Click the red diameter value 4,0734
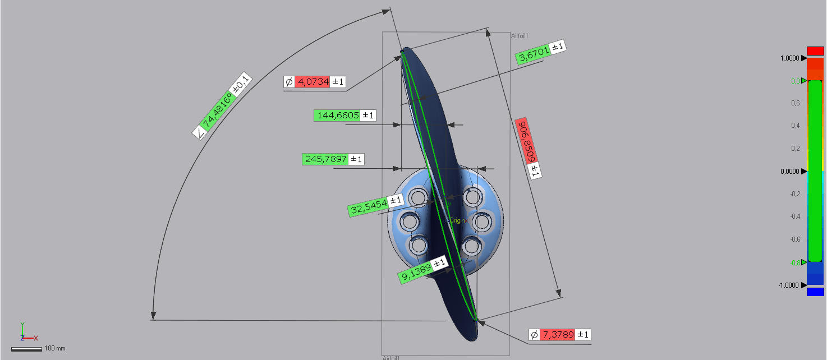click(x=313, y=82)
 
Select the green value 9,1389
click(x=415, y=271)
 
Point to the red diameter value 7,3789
click(x=558, y=335)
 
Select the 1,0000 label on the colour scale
click(x=789, y=58)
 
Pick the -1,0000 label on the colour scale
click(x=788, y=285)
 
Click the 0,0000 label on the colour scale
click(x=789, y=172)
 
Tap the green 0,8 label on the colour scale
click(x=796, y=81)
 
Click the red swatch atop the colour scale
click(x=815, y=51)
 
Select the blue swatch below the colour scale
click(x=815, y=292)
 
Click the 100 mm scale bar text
click(x=55, y=349)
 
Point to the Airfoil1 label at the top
click(x=520, y=36)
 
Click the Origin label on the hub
click(x=457, y=220)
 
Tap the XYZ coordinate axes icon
click(x=25, y=333)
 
